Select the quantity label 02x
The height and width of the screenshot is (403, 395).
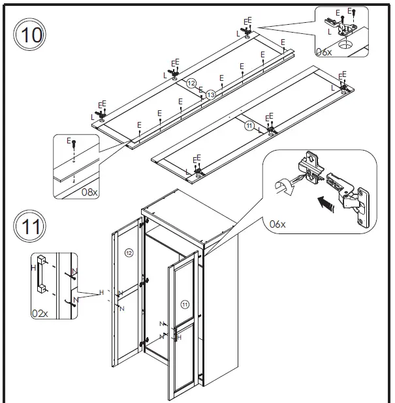(x=40, y=313)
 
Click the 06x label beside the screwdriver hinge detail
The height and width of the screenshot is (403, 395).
(x=277, y=224)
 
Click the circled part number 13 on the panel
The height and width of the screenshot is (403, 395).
(x=210, y=95)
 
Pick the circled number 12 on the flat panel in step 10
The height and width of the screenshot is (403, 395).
(x=191, y=83)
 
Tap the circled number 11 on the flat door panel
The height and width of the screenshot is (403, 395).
(x=249, y=125)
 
